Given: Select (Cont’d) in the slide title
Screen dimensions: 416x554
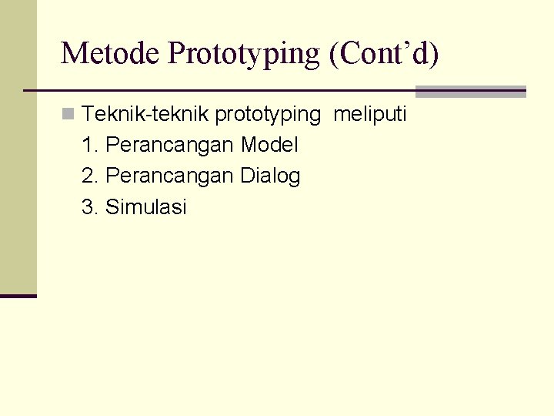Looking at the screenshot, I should tap(383, 53).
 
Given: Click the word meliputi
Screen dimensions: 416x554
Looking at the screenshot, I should tap(369, 115).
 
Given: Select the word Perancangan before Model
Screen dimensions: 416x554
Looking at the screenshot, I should tap(170, 146).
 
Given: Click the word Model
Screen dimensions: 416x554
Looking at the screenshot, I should tap(269, 145).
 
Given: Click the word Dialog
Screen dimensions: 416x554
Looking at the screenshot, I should tap(270, 176).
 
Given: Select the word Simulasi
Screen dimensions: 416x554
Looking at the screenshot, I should tap(146, 207).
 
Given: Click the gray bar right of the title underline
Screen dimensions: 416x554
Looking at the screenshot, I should tap(470, 91).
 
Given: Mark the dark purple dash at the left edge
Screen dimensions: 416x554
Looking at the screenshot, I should tap(18, 296).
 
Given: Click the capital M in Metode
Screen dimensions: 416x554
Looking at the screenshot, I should tap(73, 53).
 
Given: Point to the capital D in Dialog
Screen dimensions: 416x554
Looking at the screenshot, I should tap(246, 176).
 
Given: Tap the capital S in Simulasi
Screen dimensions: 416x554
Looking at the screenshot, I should tap(112, 207).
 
